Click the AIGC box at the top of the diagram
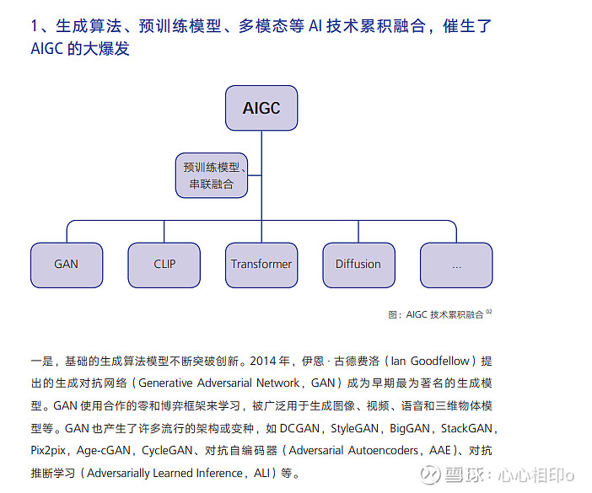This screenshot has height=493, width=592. coord(261,108)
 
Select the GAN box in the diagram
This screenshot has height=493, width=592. coord(67,265)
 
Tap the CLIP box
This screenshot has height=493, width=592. coord(164,265)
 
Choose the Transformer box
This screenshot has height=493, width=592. coord(261,265)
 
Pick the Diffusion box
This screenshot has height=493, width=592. coord(358,265)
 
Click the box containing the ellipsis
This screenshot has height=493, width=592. coord(456,265)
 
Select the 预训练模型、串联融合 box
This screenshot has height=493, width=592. coord(212,175)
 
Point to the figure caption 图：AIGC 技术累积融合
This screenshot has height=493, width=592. coord(436,314)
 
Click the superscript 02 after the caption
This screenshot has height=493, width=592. coord(489,312)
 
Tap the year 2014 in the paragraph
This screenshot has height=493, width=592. coord(263,361)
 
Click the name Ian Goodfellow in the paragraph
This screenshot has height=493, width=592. coord(430,361)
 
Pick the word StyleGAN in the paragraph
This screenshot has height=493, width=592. coord(354,428)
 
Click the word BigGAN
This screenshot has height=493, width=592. coord(410,428)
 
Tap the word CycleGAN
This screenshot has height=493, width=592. coord(167,450)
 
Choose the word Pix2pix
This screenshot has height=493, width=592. coord(48,450)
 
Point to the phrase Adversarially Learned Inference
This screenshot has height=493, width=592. coord(164,473)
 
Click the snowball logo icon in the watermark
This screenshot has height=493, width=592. coord(430,474)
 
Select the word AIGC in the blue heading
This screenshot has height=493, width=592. coord(46,49)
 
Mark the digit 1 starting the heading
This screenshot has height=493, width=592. coord(35,26)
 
